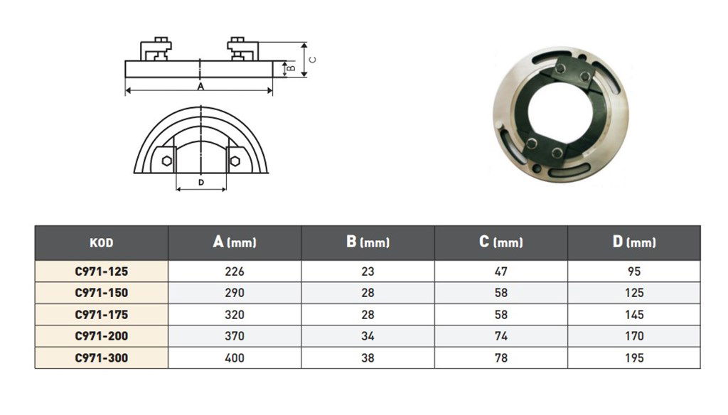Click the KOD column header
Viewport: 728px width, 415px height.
coord(101,243)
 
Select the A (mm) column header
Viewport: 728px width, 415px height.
coord(234,242)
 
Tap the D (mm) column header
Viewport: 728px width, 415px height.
coord(633,242)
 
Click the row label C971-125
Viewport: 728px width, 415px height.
coord(101,271)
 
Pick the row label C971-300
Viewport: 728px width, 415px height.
coord(101,358)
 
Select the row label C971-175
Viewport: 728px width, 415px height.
coord(101,315)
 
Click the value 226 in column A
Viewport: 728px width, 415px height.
coord(234,271)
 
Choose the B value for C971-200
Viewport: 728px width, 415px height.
coord(368,336)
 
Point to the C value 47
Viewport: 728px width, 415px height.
coord(500,271)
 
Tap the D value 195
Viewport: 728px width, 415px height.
coord(633,358)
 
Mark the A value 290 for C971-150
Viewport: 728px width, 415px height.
coord(234,293)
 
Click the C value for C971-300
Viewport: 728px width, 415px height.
coord(500,358)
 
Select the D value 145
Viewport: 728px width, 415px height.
coord(633,315)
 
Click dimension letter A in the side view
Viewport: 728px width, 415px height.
coord(200,87)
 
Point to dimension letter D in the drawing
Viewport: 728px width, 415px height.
coord(201,183)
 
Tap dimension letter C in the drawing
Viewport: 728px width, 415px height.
coord(313,60)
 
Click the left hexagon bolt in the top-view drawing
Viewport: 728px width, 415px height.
coord(166,160)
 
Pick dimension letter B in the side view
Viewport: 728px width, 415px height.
coord(291,68)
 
